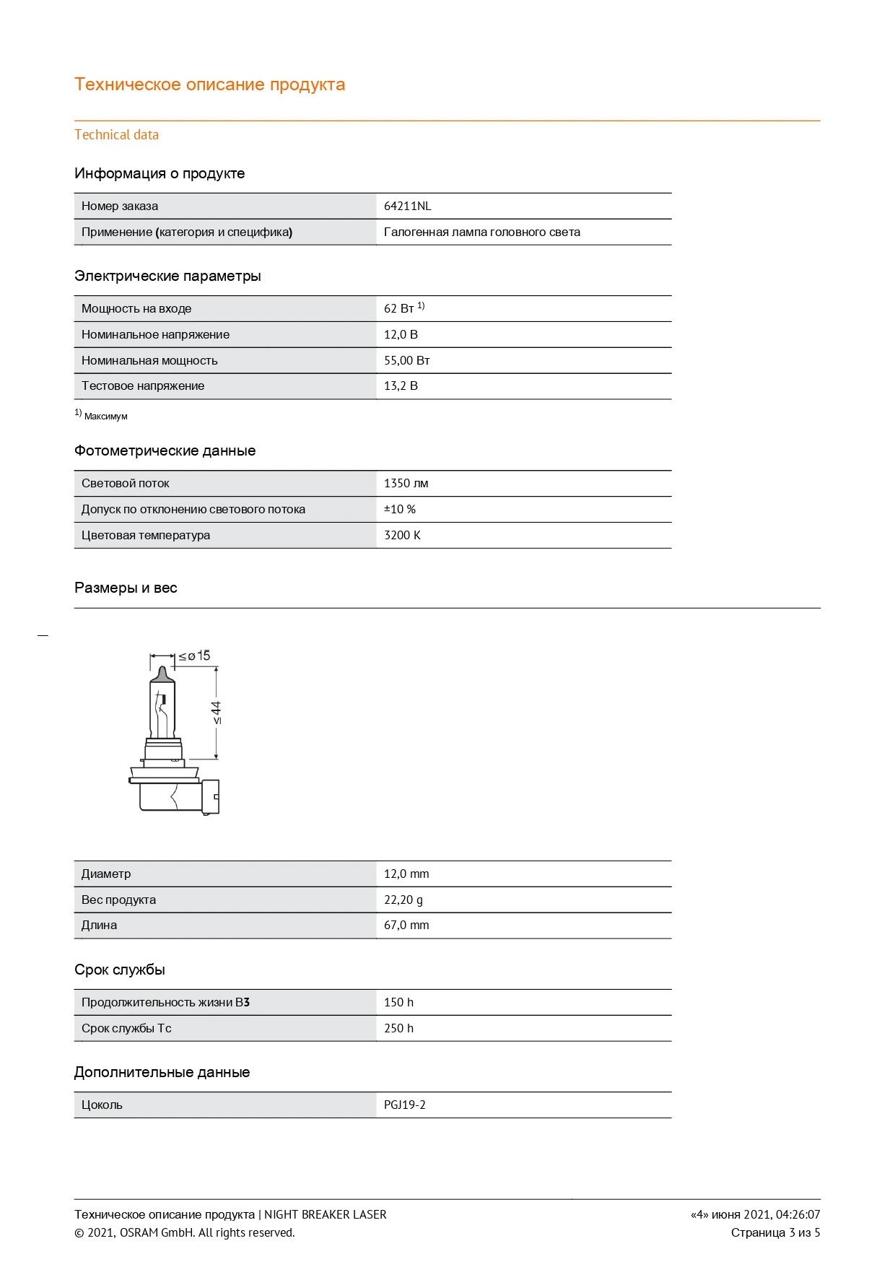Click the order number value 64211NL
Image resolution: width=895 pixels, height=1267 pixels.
(x=407, y=206)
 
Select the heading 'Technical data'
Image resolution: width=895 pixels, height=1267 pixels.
(x=116, y=135)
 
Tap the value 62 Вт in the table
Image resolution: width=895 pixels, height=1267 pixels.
(x=399, y=308)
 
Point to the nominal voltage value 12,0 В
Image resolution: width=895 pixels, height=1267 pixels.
(x=401, y=334)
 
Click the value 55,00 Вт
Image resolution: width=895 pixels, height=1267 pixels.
(x=406, y=360)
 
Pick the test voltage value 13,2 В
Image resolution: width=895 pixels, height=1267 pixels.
(x=401, y=386)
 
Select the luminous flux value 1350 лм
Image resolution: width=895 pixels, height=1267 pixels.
(x=406, y=483)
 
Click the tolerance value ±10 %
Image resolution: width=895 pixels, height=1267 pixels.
(x=400, y=509)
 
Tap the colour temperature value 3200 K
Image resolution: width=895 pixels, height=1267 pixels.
(x=402, y=535)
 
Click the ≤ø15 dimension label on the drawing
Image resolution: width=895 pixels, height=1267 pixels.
(x=194, y=656)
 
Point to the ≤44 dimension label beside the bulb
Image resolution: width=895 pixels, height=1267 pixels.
(x=217, y=712)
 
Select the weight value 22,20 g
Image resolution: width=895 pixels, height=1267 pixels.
(x=403, y=900)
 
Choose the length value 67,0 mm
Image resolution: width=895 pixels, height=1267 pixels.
(x=406, y=925)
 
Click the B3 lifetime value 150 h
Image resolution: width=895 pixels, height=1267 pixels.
(x=398, y=1002)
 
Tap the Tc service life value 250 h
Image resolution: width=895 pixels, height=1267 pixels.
(x=398, y=1028)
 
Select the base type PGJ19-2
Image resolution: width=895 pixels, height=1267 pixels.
(x=404, y=1105)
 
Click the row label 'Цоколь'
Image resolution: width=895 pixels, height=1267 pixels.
(x=102, y=1105)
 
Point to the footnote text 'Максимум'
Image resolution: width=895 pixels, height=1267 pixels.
(x=105, y=417)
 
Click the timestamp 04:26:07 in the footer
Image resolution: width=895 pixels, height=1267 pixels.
(x=798, y=1214)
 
